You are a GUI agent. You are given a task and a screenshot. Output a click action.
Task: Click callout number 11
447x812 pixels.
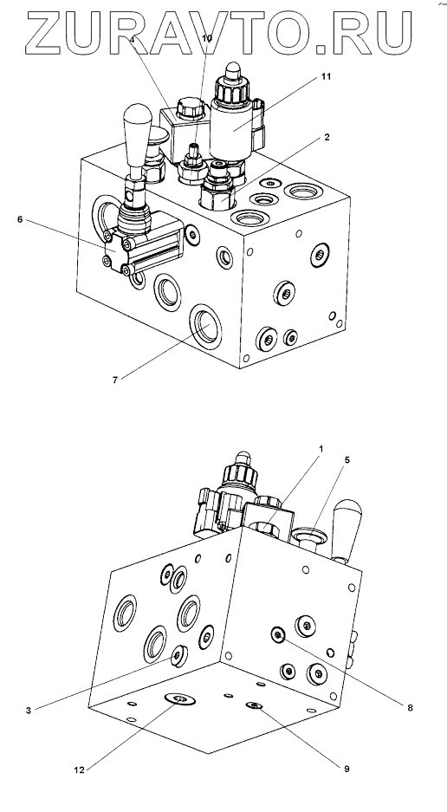tap(326, 76)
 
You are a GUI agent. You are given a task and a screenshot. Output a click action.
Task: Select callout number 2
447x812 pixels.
tap(327, 137)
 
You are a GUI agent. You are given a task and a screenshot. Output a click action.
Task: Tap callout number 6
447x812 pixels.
tap(20, 219)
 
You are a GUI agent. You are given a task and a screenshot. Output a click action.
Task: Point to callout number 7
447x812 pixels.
tap(114, 380)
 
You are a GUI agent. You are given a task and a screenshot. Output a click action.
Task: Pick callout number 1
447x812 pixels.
tap(321, 449)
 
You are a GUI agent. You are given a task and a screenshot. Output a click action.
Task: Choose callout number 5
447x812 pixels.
tap(347, 460)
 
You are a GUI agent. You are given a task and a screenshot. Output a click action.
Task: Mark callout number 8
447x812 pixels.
tap(410, 708)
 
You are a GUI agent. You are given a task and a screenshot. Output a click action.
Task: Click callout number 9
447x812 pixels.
tap(347, 769)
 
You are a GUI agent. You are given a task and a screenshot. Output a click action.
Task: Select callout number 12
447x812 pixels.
tap(79, 770)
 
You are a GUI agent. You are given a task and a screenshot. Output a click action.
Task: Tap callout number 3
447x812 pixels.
tap(29, 711)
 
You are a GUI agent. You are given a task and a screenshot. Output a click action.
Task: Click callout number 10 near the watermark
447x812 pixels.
tap(207, 39)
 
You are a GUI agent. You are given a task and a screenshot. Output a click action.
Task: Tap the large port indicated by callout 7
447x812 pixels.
tap(205, 324)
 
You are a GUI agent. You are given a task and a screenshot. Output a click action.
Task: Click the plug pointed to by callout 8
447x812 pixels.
tap(279, 634)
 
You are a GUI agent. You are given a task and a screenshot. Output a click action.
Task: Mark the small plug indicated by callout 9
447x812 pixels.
tap(255, 705)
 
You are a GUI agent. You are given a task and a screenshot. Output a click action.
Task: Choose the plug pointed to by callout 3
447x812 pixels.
tap(178, 656)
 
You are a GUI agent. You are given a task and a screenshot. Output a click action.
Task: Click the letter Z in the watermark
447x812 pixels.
tap(47, 33)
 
